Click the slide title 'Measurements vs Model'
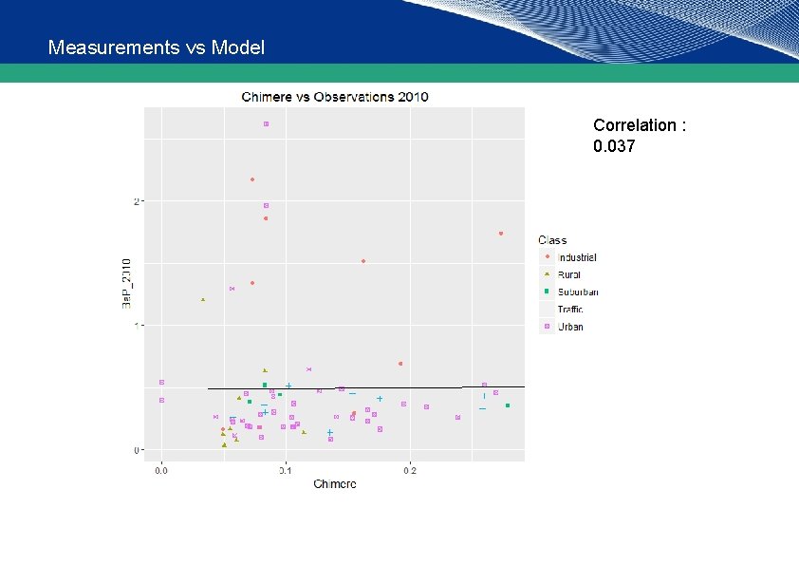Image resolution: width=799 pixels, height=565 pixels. pos(156,47)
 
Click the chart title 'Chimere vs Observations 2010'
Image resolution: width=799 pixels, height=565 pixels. pos(335,96)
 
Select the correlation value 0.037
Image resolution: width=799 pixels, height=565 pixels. pos(614,147)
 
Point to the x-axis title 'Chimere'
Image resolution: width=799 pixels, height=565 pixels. pos(335,484)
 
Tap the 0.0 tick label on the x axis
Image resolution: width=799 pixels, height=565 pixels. pos(162,469)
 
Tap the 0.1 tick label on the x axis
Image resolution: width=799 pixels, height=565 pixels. pos(286,469)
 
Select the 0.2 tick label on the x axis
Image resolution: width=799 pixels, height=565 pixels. pos(410,469)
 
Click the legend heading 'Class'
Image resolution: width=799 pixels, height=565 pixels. pos(552,240)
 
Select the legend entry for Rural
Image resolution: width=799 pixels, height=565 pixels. pos(569,274)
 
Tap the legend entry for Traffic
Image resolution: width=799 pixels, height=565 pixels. pos(570,310)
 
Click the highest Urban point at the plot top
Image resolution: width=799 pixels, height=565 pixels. pos(267,123)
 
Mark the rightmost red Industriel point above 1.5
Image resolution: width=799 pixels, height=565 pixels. pos(501,234)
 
